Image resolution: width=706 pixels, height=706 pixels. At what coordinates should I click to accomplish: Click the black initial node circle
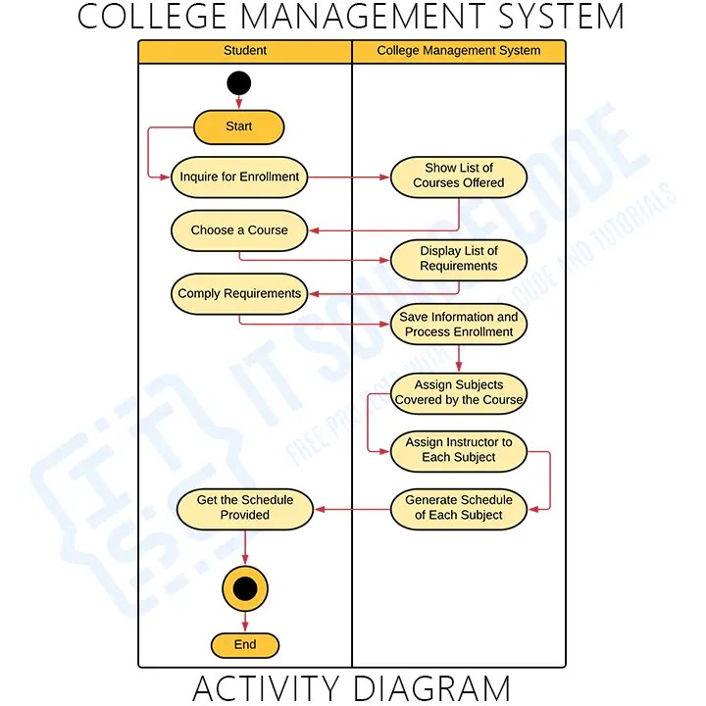(x=238, y=83)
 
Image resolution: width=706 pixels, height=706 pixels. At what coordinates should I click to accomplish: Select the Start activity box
(x=238, y=126)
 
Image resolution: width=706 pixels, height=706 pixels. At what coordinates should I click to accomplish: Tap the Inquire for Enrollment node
(x=240, y=177)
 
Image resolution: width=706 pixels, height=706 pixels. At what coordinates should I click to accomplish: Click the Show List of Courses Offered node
(x=459, y=176)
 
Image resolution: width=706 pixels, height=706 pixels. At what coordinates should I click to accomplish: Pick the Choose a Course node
(x=239, y=230)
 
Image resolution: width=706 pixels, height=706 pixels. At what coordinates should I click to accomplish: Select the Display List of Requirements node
(x=459, y=259)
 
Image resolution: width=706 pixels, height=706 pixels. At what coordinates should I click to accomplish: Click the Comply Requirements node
(x=239, y=293)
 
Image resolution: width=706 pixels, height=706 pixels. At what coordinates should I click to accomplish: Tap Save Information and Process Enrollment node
(x=459, y=325)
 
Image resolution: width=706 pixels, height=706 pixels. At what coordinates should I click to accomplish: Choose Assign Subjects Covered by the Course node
(x=459, y=392)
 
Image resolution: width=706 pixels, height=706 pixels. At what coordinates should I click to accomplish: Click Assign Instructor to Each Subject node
(x=459, y=450)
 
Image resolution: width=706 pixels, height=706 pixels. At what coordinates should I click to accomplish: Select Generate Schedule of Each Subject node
(x=459, y=508)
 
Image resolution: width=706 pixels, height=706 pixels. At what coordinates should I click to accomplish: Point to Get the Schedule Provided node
(x=245, y=508)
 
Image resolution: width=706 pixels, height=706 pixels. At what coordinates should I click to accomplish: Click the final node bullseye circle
(x=245, y=588)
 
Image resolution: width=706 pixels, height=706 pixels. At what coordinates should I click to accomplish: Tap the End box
(x=245, y=644)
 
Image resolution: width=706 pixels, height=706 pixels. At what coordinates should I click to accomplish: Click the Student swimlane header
(x=245, y=51)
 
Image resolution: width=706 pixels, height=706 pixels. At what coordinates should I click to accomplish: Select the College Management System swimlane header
(x=459, y=51)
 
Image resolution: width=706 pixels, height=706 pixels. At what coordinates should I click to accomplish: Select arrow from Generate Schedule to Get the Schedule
(x=353, y=509)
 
